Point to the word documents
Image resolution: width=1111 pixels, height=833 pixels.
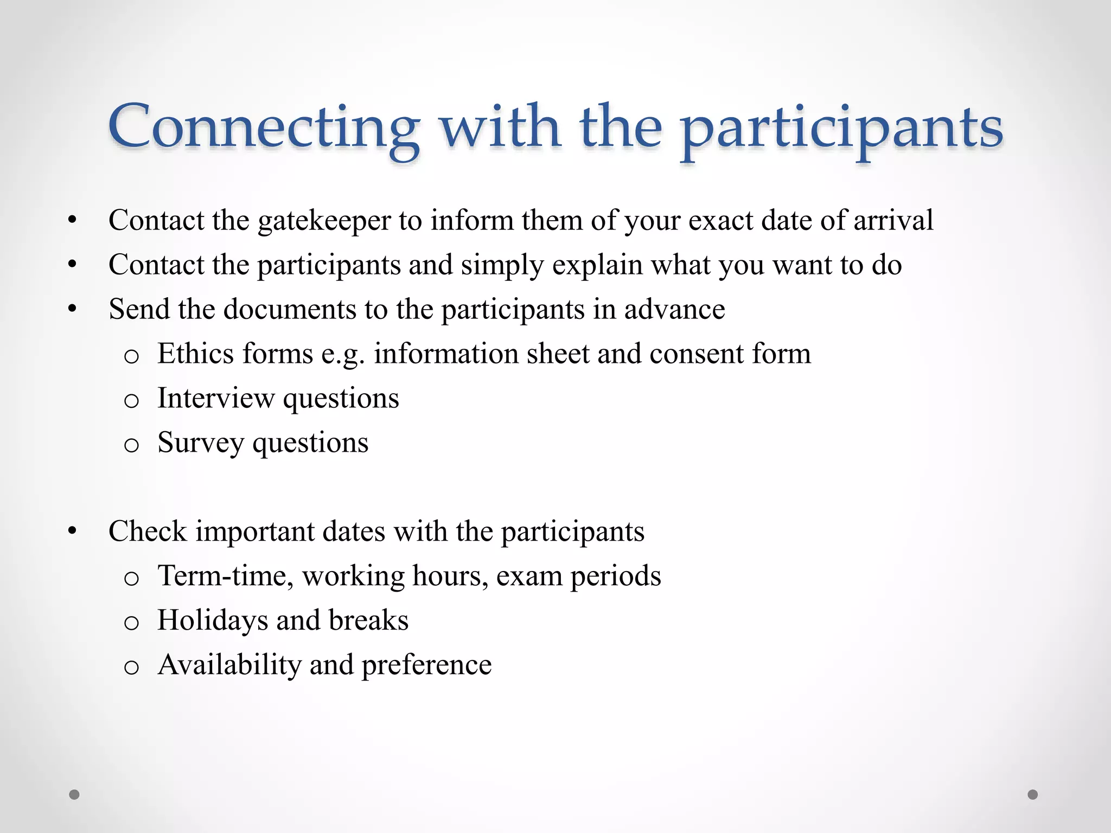(290, 309)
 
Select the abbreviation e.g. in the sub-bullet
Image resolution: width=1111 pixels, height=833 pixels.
(343, 355)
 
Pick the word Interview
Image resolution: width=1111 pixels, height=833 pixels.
(215, 398)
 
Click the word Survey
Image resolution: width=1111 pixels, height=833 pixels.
(200, 444)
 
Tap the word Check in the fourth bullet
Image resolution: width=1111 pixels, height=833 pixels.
(148, 531)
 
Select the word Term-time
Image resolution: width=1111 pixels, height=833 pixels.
(225, 576)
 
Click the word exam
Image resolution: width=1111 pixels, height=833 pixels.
(529, 576)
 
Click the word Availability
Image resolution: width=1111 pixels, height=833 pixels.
(229, 665)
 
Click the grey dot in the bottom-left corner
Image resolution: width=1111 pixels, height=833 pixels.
(74, 794)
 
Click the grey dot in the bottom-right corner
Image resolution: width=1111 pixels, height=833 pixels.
(1033, 794)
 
